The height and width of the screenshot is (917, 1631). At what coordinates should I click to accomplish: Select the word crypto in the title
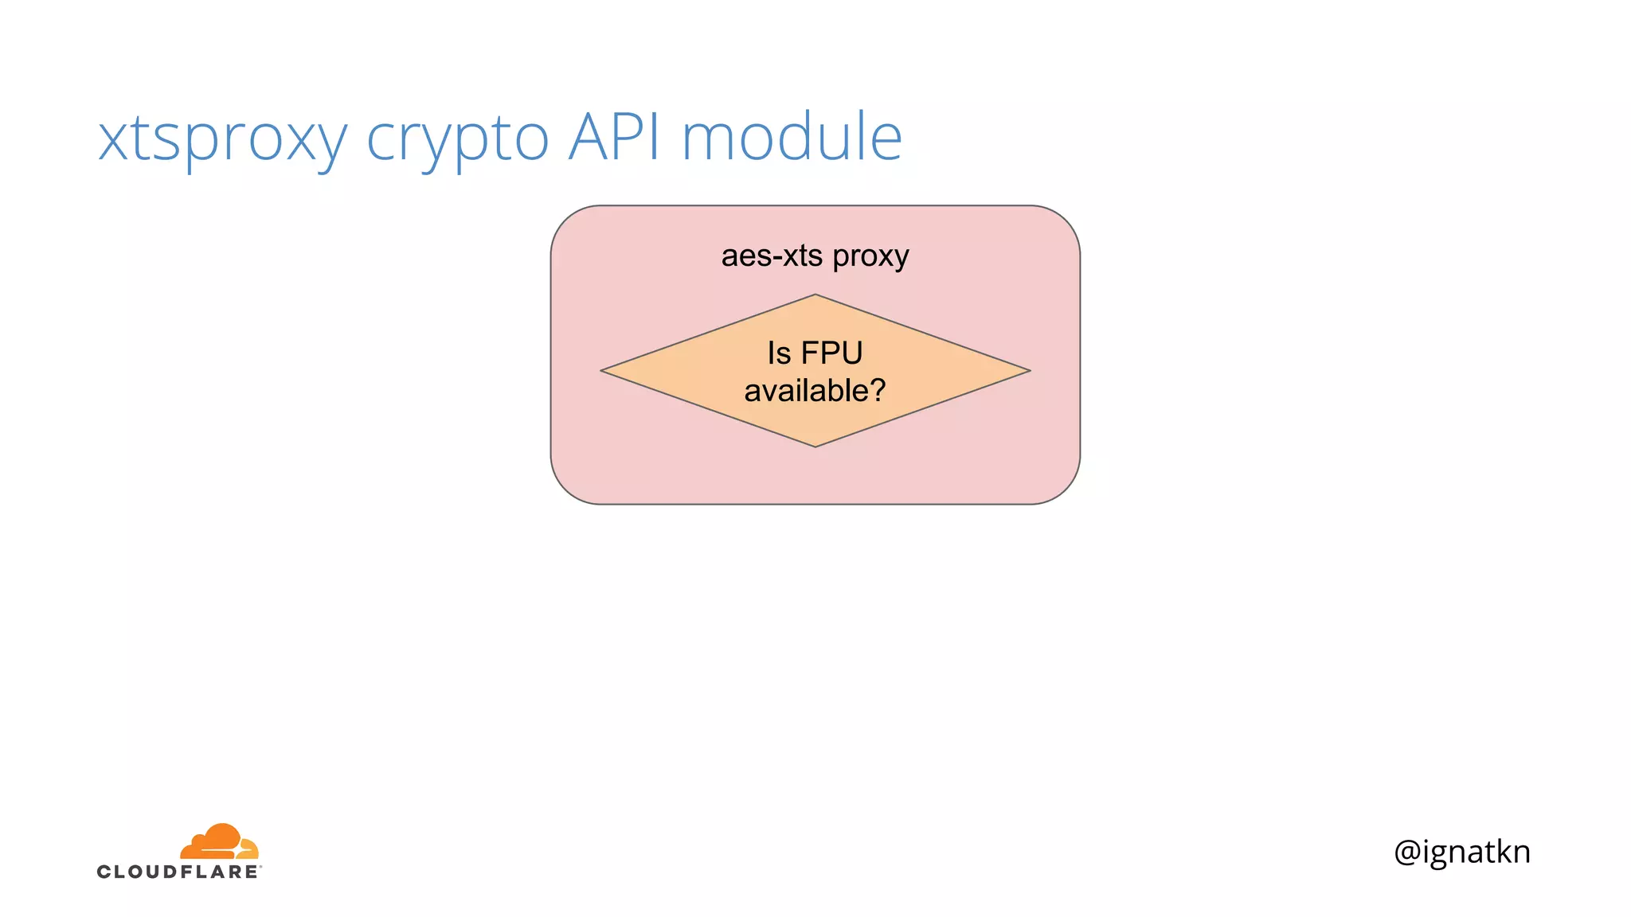pos(457,139)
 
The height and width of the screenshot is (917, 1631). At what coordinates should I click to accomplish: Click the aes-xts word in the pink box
pos(772,256)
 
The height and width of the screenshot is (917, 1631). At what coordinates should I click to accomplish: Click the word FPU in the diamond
pos(831,353)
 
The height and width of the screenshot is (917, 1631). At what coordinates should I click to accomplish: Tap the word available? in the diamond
pos(814,391)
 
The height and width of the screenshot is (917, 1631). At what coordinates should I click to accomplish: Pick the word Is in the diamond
pos(778,353)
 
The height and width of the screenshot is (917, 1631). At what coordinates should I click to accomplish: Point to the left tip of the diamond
pos(603,370)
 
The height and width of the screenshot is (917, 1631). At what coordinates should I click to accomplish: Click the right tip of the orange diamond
pos(1028,370)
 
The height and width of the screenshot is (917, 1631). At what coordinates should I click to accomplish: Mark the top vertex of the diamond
pos(815,296)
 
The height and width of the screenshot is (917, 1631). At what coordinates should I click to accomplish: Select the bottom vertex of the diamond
pos(815,445)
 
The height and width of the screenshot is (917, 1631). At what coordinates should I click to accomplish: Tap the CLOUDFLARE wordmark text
pos(178,872)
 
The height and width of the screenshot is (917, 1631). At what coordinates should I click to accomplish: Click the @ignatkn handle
pos(1462,852)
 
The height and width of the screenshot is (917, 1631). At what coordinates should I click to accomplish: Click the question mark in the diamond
pos(877,390)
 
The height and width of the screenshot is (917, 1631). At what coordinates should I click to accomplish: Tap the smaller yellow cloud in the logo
pos(248,848)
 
